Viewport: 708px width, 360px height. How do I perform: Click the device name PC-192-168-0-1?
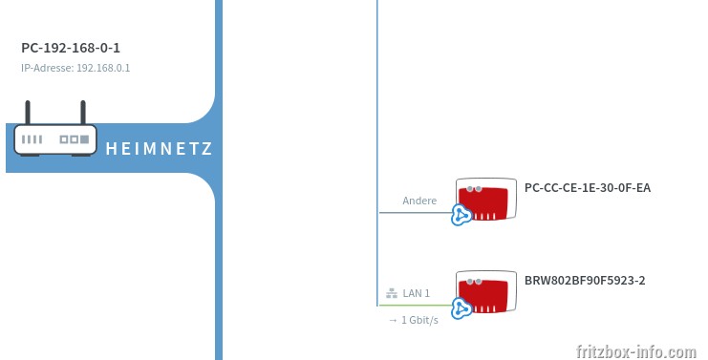[x=71, y=48]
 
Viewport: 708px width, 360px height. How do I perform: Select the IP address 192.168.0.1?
[x=103, y=68]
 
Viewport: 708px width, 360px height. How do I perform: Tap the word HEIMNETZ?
[x=159, y=148]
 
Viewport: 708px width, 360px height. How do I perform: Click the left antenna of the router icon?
[x=28, y=113]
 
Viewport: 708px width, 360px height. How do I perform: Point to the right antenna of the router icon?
[x=83, y=113]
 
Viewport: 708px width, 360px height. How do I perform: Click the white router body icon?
[x=55, y=140]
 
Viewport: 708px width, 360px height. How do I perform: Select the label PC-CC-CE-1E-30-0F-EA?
[x=588, y=188]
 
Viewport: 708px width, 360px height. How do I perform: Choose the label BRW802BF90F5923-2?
[x=585, y=280]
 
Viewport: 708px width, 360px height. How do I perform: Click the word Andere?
[x=419, y=201]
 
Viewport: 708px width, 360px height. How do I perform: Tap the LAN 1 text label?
[x=416, y=293]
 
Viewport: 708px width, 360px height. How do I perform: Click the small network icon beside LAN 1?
[x=392, y=293]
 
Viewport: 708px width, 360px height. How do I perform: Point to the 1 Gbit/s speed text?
[x=419, y=320]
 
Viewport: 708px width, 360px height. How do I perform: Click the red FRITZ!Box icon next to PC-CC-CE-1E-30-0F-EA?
[x=485, y=199]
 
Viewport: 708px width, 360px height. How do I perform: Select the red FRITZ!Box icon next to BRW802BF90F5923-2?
[x=485, y=292]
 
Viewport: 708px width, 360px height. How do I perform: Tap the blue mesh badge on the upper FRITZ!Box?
[x=461, y=215]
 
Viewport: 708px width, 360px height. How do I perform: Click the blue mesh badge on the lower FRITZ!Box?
[x=461, y=308]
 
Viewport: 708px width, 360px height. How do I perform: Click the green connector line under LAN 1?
[x=415, y=306]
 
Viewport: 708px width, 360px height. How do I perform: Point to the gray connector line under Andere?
[x=415, y=212]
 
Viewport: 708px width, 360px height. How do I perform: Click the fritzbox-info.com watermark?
[x=636, y=351]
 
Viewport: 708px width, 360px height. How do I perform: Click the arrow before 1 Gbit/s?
[x=393, y=320]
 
